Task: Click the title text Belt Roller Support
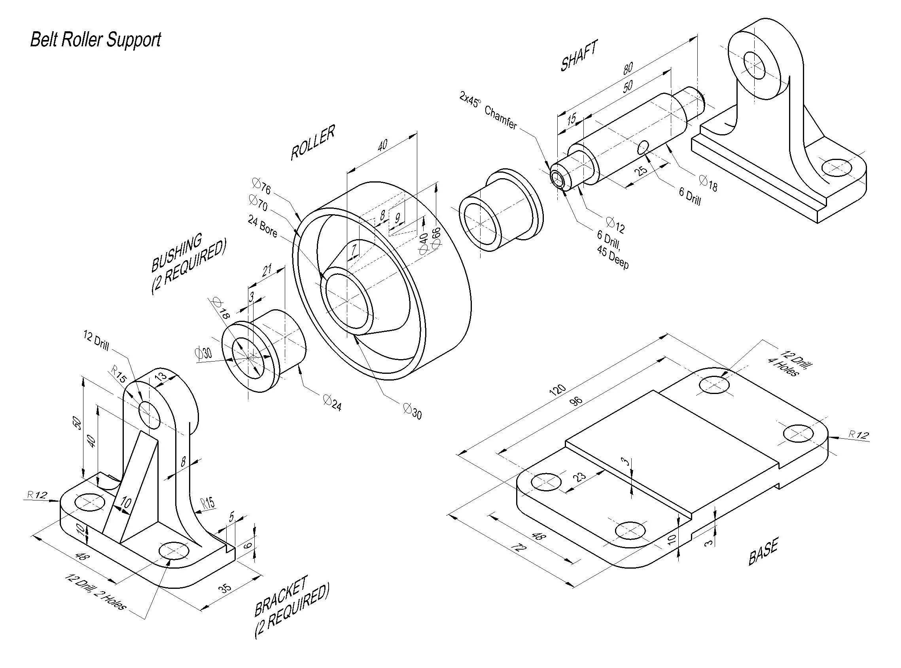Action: tap(96, 40)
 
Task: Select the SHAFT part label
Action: tap(578, 57)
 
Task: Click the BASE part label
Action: tap(763, 553)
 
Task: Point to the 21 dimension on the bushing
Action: tap(267, 270)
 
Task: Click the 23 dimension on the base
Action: tap(580, 476)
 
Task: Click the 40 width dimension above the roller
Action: tap(382, 145)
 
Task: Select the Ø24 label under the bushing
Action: tap(332, 403)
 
